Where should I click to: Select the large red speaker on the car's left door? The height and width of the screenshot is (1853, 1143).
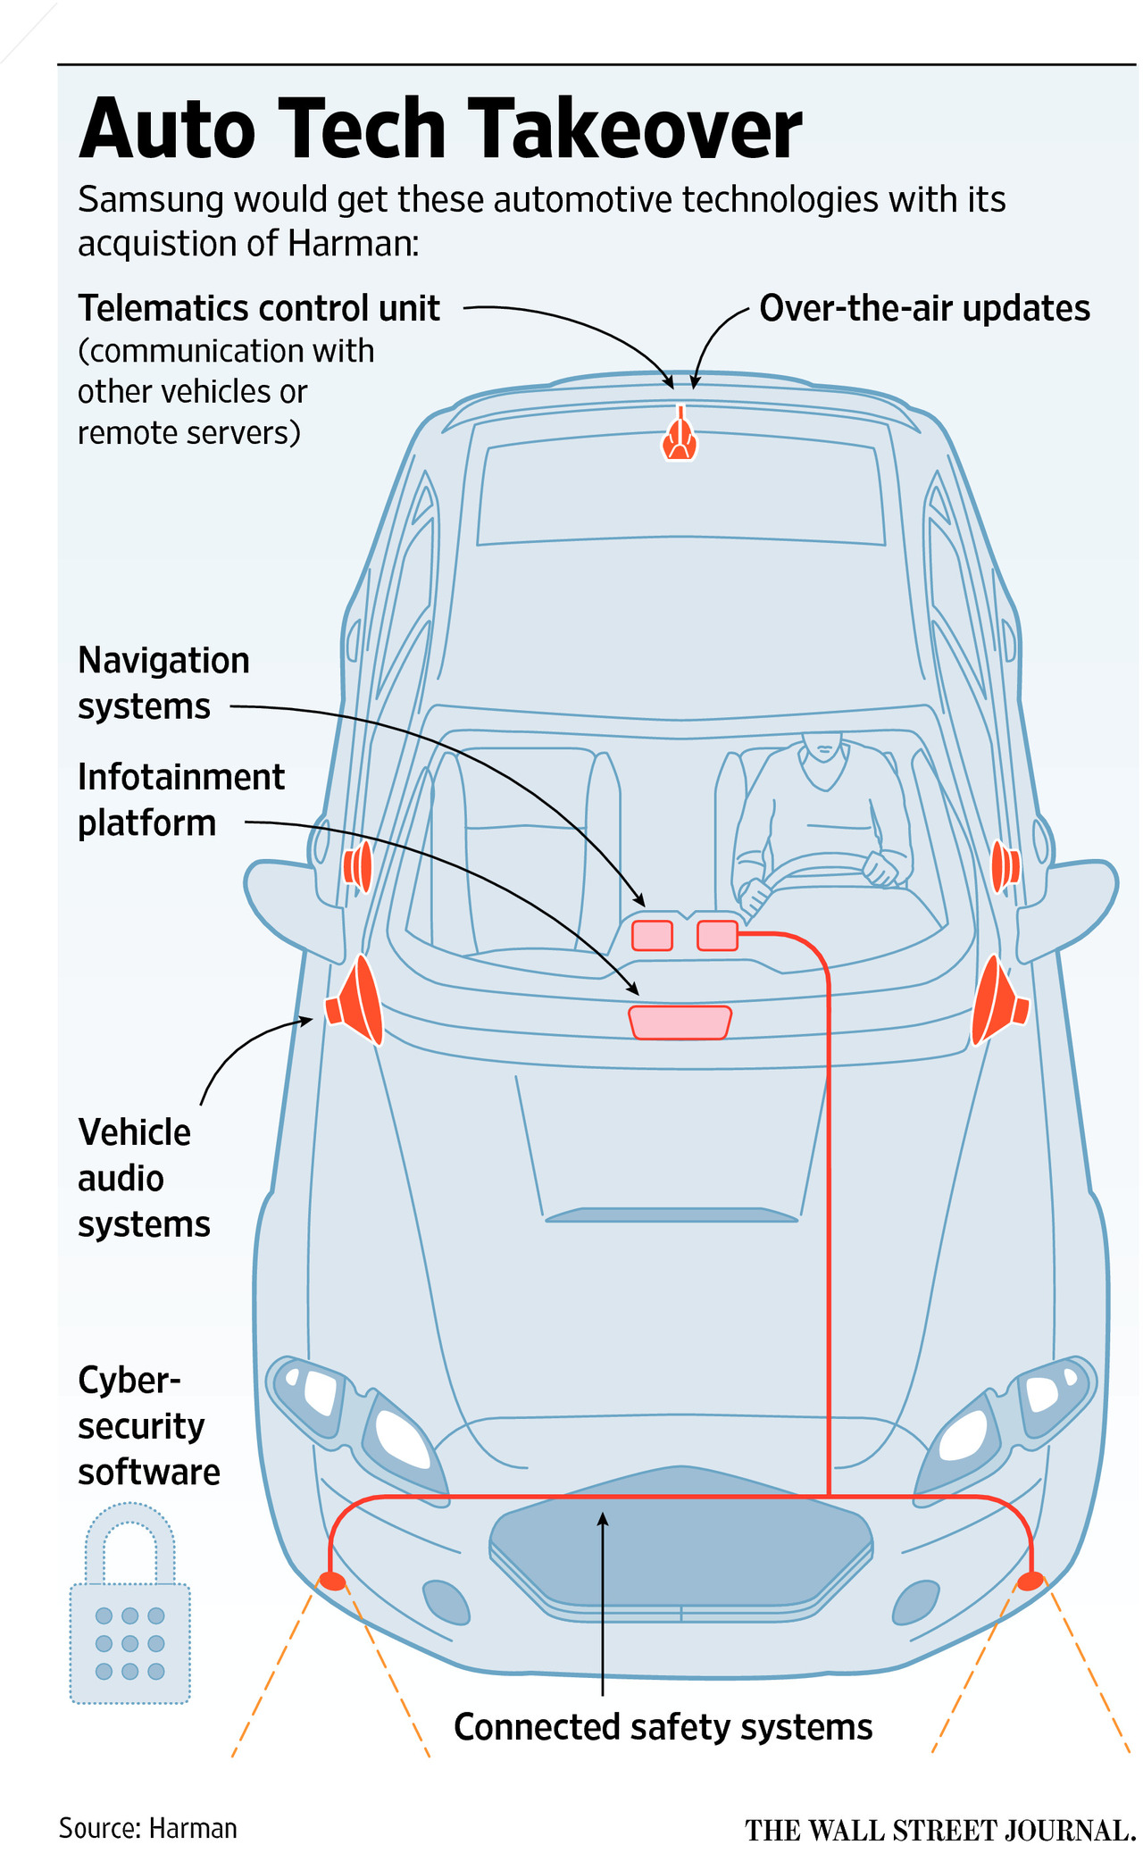point(356,1000)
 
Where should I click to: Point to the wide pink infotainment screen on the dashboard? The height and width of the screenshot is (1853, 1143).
point(680,1022)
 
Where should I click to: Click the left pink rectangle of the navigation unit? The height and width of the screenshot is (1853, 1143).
point(652,935)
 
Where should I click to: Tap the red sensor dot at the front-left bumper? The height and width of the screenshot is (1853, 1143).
point(332,1581)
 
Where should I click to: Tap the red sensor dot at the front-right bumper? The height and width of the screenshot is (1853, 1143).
point(1030,1581)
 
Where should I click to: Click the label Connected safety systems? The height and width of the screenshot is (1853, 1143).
point(663,1726)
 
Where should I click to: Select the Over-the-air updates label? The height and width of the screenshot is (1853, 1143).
point(924,308)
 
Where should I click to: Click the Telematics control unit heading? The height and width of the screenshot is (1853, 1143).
point(259,308)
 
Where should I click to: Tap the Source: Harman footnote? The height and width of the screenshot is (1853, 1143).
point(148,1828)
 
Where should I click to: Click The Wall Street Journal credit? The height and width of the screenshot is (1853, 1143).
point(939,1830)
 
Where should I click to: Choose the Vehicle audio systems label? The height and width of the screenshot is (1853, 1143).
point(143,1178)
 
